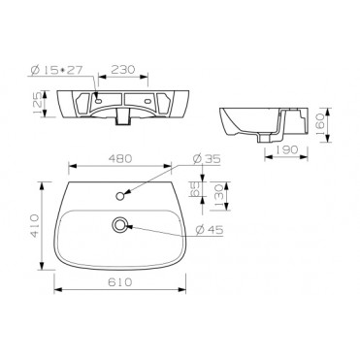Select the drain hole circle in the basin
click(x=119, y=224)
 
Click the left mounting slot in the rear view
click(x=99, y=101)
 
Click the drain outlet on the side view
click(x=268, y=135)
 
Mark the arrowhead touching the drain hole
click(x=129, y=226)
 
